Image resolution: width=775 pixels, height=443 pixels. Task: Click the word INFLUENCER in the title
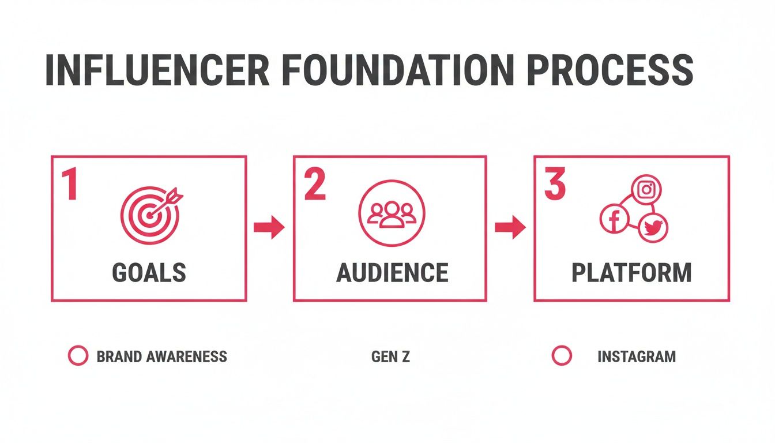157,70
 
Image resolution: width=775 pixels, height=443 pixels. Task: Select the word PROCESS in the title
610,70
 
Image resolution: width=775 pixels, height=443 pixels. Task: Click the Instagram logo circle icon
646,189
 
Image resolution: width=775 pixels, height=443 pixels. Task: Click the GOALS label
149,272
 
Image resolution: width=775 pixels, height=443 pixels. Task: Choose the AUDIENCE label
392,272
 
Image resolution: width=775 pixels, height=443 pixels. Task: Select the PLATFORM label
631,272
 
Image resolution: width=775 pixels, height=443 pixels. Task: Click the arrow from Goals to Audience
269,228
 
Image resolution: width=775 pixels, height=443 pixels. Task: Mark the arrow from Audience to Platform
510,228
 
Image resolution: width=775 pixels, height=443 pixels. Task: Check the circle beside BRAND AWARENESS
78,356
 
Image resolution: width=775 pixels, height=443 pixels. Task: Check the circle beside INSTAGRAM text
561,356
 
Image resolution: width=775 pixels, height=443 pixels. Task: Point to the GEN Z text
390,356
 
